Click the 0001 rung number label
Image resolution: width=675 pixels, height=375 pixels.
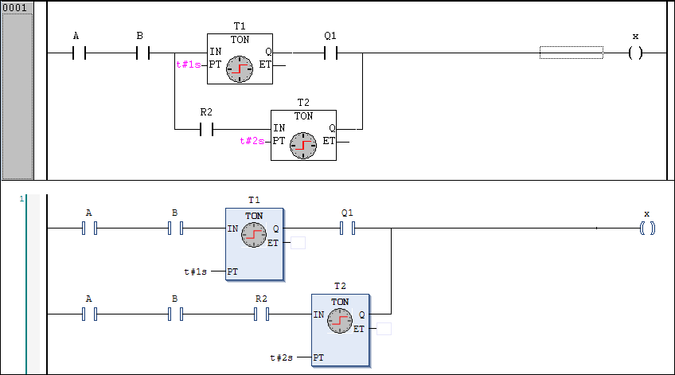17,7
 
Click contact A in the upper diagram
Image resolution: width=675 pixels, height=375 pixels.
79,53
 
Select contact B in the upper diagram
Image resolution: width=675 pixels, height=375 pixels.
143,53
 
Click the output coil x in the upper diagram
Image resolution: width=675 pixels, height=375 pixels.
635,53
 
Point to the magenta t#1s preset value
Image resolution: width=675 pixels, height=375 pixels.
188,65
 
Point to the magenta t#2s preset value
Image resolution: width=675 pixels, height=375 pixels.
252,141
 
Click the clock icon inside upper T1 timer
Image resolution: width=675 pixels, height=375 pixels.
239,69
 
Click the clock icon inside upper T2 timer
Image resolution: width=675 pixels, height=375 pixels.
302,145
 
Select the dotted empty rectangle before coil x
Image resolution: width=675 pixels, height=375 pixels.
571,53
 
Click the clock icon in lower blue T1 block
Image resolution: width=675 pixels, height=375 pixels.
254,234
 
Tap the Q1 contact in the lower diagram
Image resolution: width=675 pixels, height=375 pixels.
347,229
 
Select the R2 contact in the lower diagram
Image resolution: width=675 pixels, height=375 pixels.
261,314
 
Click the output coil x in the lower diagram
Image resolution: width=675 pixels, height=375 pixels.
647,229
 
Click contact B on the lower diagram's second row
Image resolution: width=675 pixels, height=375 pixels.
175,314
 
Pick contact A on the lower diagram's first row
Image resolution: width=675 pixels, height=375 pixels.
89,229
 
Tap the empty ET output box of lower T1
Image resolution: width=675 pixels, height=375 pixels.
298,243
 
